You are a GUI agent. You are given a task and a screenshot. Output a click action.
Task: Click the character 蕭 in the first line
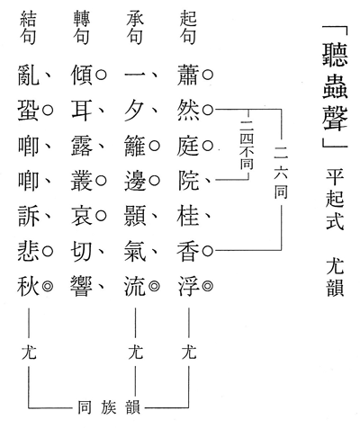(188, 75)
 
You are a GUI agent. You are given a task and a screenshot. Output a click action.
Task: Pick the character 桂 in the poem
(188, 215)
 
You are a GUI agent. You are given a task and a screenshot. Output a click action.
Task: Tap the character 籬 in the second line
(135, 146)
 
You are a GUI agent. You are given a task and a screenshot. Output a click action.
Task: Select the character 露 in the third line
(82, 146)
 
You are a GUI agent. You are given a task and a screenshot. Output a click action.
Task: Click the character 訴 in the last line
(29, 215)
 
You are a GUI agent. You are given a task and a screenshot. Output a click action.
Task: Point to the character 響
(82, 286)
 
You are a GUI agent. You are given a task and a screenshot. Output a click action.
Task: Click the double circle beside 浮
(208, 286)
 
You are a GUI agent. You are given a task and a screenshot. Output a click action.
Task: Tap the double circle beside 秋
(48, 286)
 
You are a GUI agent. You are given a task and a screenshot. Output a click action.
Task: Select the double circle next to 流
(154, 286)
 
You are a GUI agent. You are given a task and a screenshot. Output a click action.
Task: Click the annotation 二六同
(281, 173)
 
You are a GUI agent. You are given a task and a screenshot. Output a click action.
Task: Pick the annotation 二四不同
(247, 145)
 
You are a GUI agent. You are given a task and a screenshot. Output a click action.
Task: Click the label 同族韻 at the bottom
(109, 407)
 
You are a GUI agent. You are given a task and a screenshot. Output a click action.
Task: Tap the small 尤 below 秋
(29, 352)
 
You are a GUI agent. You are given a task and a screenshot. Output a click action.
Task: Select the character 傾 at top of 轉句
(82, 75)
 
